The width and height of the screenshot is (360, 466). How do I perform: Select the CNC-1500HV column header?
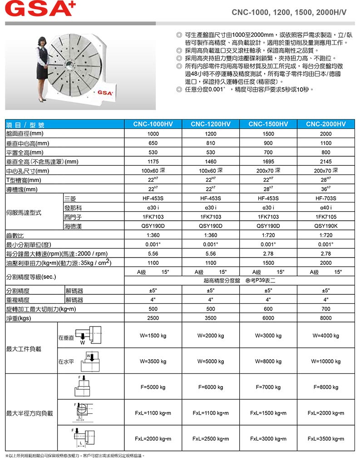268,124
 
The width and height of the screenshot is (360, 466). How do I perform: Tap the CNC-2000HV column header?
325,124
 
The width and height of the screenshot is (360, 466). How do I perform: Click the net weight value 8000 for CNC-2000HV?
325,318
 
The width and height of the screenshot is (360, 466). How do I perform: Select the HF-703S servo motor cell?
325,198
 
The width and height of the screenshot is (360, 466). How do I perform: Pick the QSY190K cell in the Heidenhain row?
325,226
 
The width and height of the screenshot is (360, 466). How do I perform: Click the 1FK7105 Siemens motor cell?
325,217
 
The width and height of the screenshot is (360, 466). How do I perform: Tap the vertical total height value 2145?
325,161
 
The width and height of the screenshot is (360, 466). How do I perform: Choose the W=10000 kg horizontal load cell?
325,362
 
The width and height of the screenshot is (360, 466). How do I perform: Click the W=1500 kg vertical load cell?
153,336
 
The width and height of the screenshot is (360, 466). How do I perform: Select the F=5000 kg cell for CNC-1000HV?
153,387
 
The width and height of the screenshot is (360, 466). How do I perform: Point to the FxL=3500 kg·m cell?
325,439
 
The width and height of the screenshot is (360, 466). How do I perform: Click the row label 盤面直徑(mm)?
25,134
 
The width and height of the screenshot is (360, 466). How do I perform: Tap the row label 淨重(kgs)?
18,318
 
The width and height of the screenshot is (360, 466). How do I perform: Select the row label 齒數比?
15,235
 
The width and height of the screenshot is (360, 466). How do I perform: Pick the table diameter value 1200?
211,134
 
